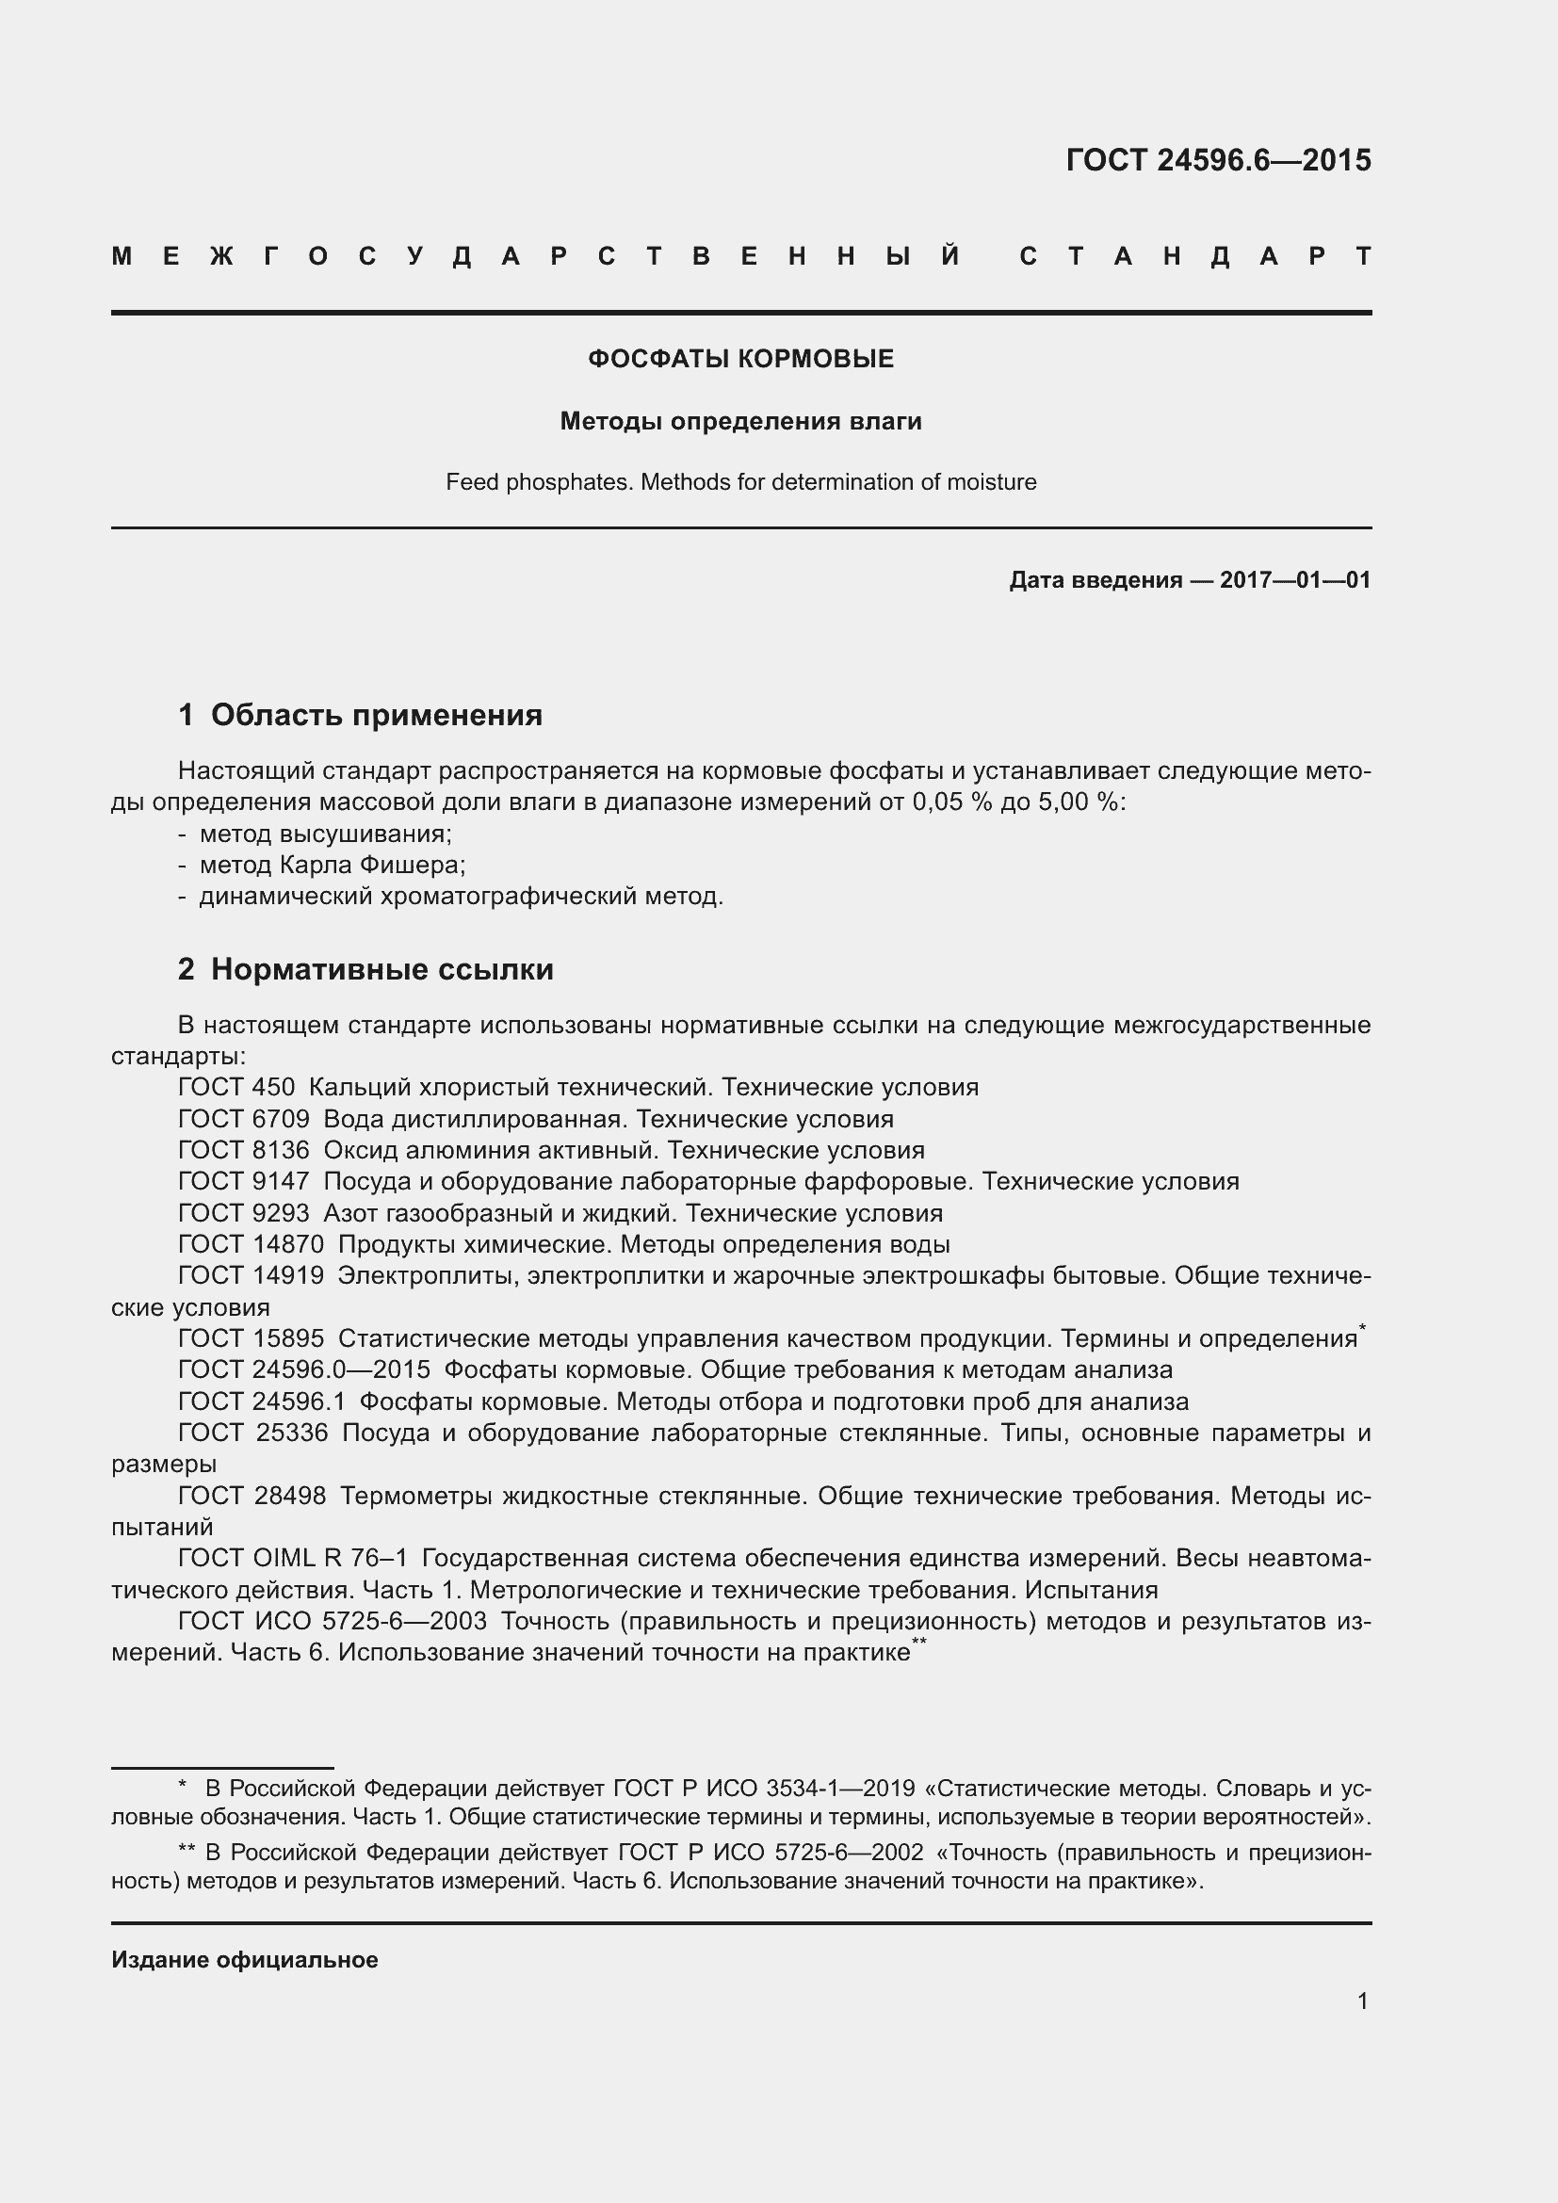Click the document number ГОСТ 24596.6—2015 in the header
coord(1217,160)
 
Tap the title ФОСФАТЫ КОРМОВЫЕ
coord(740,359)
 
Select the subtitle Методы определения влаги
coord(740,421)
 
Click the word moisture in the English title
coord(991,481)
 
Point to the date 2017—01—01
coord(1294,579)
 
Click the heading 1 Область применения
coord(361,715)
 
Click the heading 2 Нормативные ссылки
coord(365,969)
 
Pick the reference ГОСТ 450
coord(236,1087)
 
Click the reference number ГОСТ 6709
coord(244,1119)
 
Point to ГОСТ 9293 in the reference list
coord(244,1213)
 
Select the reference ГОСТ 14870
coord(251,1244)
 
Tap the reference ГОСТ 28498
coord(252,1496)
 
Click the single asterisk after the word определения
coord(1362,1328)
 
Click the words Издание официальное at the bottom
coord(245,1960)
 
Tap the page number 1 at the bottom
coord(1362,2001)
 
